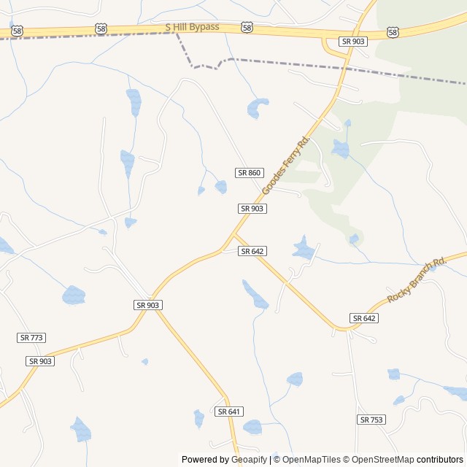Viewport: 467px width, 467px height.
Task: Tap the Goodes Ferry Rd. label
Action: pyautogui.click(x=286, y=165)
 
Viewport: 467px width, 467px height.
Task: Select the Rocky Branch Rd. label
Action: pyautogui.click(x=417, y=281)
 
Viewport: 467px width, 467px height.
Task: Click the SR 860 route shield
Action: pyautogui.click(x=249, y=172)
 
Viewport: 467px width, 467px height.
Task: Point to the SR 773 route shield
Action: pyautogui.click(x=31, y=337)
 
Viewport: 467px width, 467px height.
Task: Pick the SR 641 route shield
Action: pyautogui.click(x=229, y=412)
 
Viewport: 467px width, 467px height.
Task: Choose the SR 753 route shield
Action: pyautogui.click(x=371, y=420)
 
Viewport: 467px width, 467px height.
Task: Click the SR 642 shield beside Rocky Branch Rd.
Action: pyautogui.click(x=364, y=318)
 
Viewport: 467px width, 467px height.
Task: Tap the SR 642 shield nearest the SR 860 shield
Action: pyautogui.click(x=252, y=251)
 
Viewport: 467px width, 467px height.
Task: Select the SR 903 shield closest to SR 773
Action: pyautogui.click(x=41, y=361)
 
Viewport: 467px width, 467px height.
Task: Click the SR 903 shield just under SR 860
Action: pyautogui.click(x=252, y=209)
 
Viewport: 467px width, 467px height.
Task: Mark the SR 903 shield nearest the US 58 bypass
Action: pyautogui.click(x=354, y=42)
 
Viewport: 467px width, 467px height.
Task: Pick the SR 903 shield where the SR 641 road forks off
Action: pyautogui.click(x=148, y=304)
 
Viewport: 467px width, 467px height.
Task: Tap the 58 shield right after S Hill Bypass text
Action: pyautogui.click(x=247, y=28)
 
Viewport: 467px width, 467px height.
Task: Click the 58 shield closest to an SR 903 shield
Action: pyautogui.click(x=393, y=32)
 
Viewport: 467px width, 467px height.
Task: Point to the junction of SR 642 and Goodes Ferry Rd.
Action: pyautogui.click(x=233, y=236)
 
